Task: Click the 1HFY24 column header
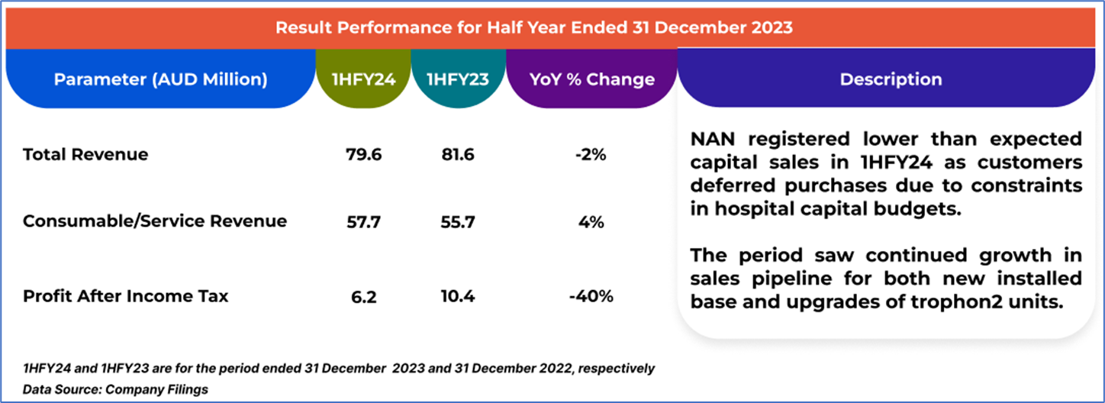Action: coord(362,79)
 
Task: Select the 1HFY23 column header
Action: coord(457,79)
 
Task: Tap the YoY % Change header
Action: coord(591,79)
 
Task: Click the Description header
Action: coord(891,79)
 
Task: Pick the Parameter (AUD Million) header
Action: coord(160,79)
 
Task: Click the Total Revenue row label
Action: coord(85,155)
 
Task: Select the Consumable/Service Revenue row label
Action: coord(155,221)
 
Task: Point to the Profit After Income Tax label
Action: coord(125,295)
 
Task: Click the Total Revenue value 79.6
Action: coord(363,155)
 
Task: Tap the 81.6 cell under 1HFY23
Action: coord(457,155)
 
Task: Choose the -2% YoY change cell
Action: coord(591,155)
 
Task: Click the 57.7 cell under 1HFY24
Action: coord(363,221)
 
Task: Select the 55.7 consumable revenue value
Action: coord(457,221)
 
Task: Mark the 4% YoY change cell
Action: coord(591,221)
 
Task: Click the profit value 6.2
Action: coord(363,295)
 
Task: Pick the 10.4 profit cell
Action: coord(457,295)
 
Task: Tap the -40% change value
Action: coord(591,295)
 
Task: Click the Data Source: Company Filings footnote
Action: coord(115,389)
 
